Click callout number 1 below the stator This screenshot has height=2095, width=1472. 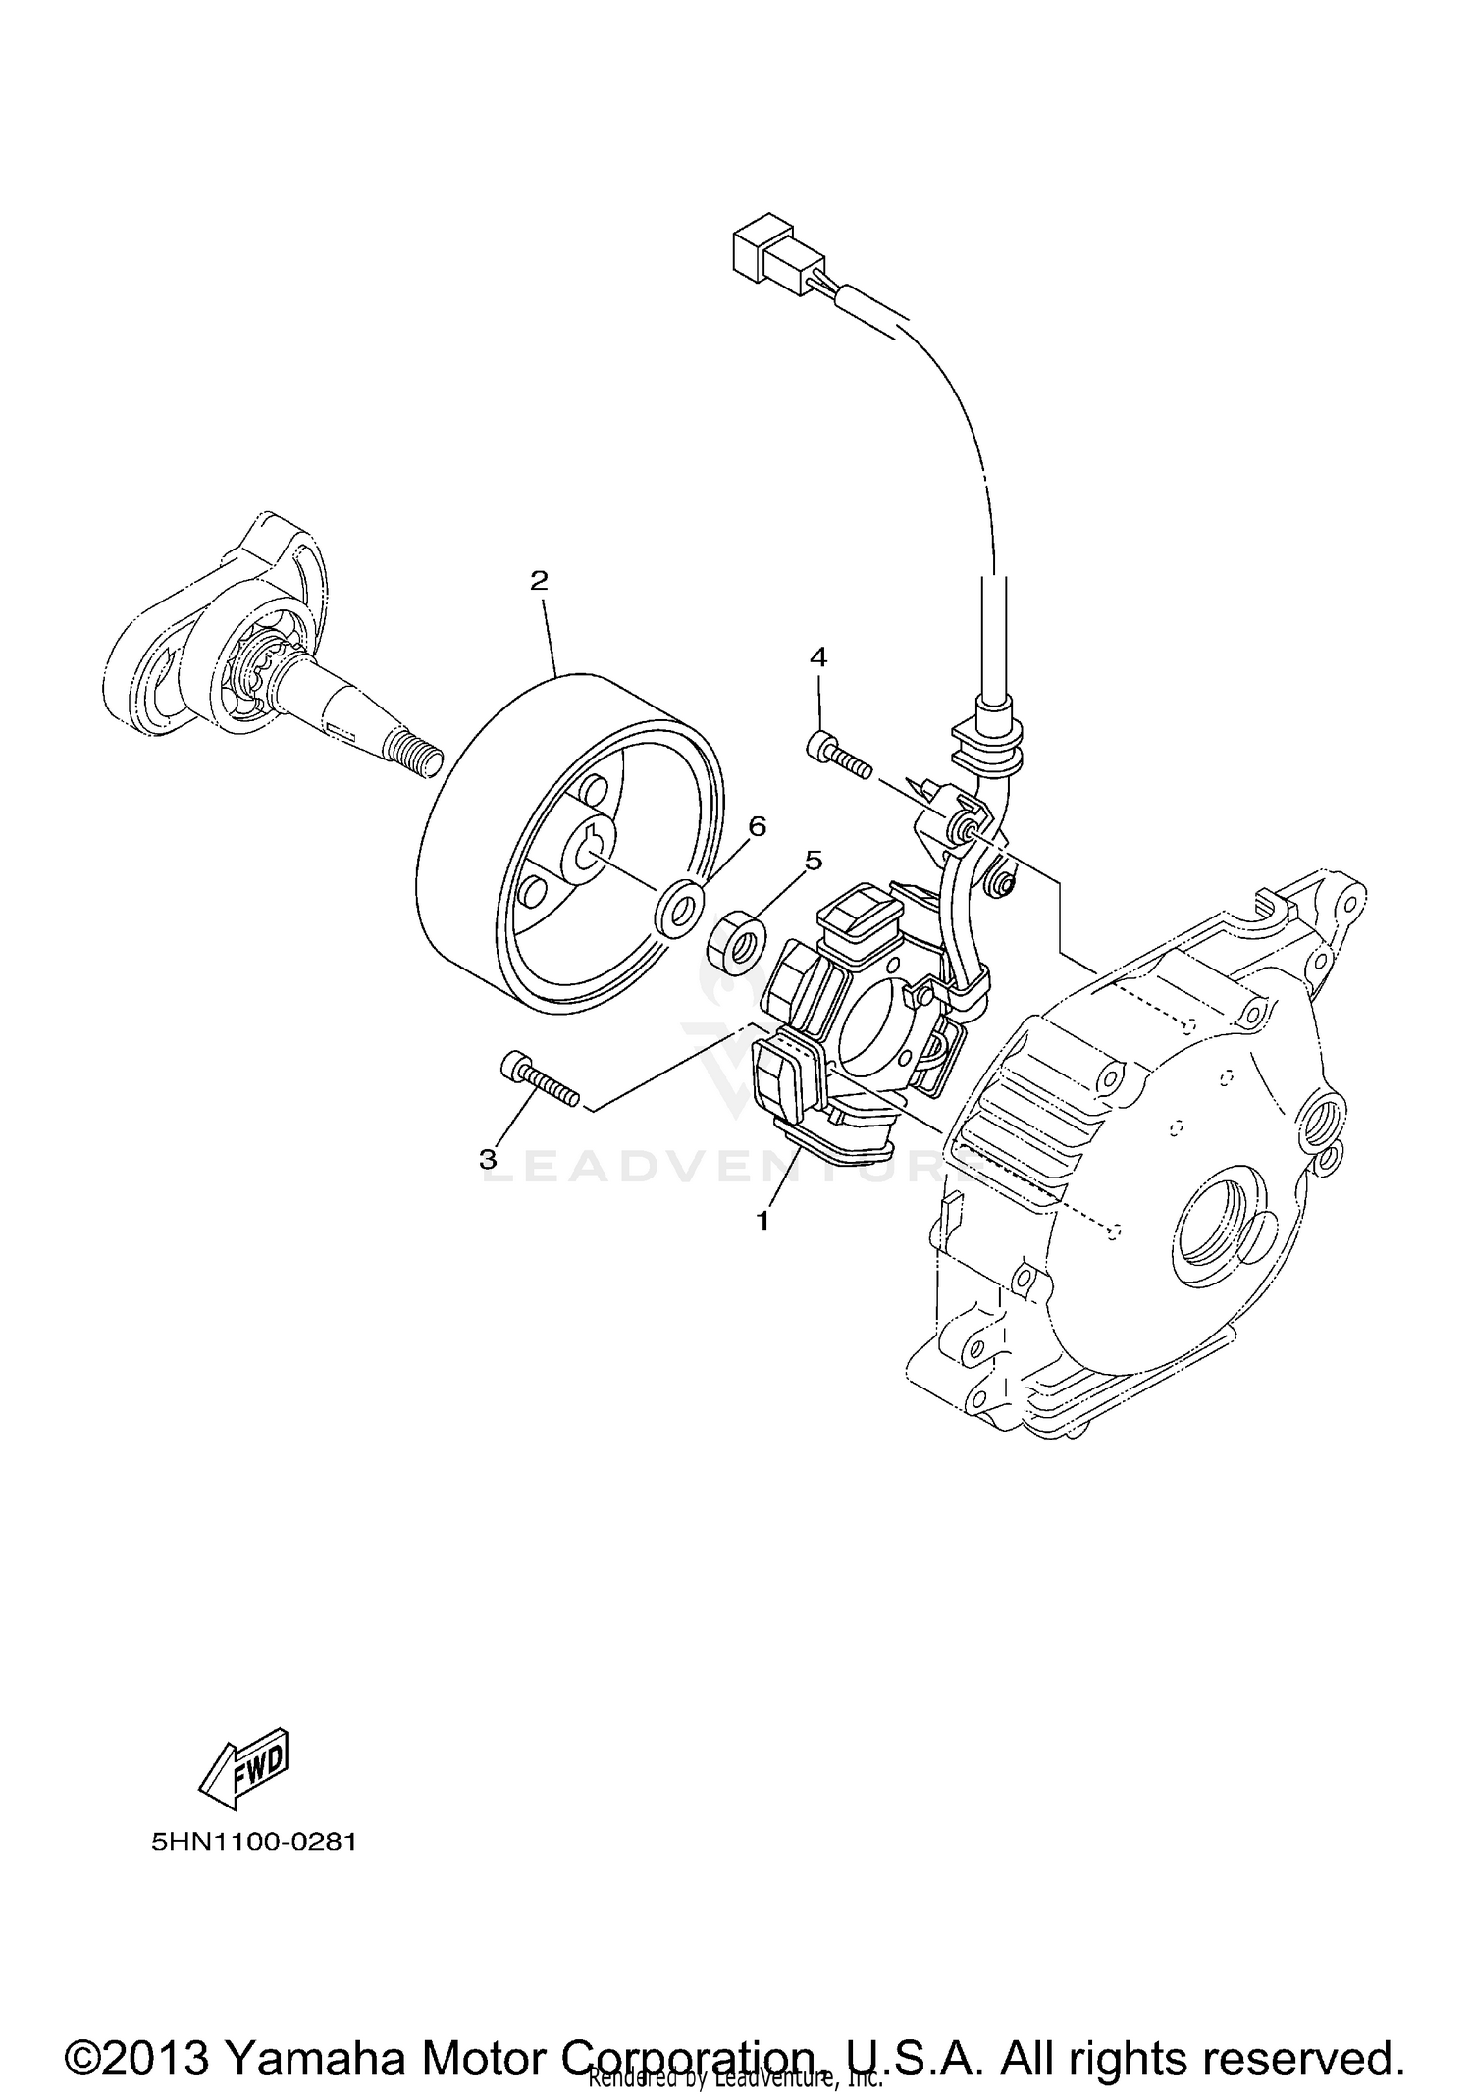pyautogui.click(x=762, y=1221)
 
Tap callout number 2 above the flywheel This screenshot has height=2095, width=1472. pyautogui.click(x=538, y=581)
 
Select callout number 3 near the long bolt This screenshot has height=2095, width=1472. pyautogui.click(x=488, y=1159)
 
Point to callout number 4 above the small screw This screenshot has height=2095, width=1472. pyautogui.click(x=817, y=657)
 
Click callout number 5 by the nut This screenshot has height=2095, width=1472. pyautogui.click(x=813, y=861)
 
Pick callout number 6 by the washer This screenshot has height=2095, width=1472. pyautogui.click(x=757, y=826)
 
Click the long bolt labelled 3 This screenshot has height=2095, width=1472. pyautogui.click(x=541, y=1080)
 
